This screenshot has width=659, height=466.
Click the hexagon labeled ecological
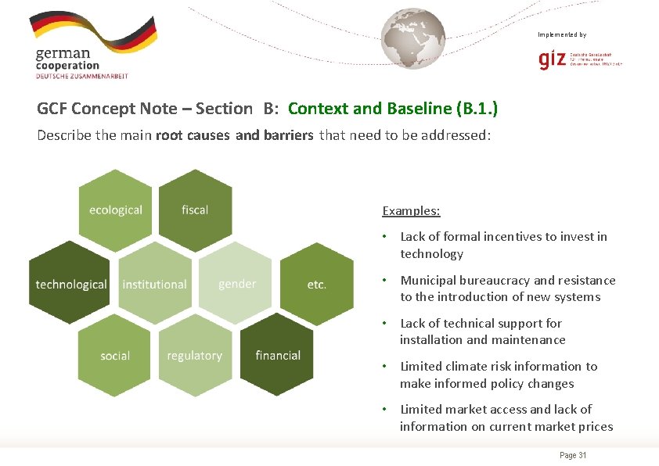point(116,210)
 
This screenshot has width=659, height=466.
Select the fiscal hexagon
point(195,210)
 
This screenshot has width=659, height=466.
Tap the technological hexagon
point(71,284)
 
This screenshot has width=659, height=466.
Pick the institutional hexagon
point(155,284)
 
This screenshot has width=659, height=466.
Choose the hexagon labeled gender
point(237,283)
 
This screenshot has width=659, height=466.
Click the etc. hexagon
point(316,284)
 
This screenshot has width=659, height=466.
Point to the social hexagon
point(115,356)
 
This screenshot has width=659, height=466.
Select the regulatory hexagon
point(194,356)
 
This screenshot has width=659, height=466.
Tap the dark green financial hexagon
point(277,355)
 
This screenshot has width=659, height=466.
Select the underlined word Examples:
point(411,210)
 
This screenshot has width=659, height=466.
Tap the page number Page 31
point(574,456)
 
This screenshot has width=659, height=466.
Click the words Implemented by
point(562,34)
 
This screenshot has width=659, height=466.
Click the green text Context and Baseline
point(370,109)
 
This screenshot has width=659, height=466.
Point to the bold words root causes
point(193,135)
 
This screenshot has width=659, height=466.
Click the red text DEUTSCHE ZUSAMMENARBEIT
point(81,76)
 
